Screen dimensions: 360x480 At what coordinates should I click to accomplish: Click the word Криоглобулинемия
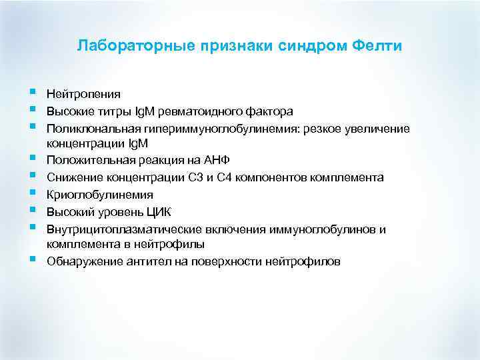99,195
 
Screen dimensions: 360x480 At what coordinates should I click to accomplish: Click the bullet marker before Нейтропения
32,93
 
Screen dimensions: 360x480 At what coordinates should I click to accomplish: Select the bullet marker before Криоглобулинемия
32,193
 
